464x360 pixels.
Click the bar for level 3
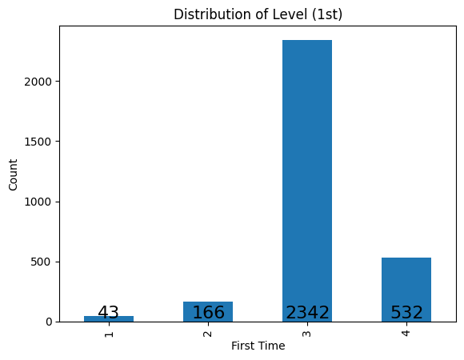click(307, 176)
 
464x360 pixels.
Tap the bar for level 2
click(208, 308)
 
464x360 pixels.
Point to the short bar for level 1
click(109, 318)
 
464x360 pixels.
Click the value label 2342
click(307, 313)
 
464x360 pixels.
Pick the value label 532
click(406, 313)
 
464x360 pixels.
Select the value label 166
click(208, 313)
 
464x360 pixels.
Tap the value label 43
click(109, 313)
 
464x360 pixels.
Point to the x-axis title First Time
click(258, 346)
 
